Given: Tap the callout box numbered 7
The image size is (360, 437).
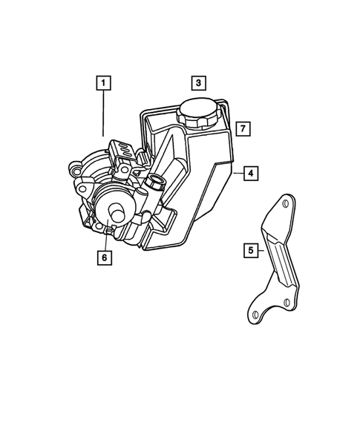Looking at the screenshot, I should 241,128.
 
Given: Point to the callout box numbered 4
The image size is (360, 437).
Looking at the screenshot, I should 252,174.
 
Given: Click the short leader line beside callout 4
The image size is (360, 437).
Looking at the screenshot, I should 238,174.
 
